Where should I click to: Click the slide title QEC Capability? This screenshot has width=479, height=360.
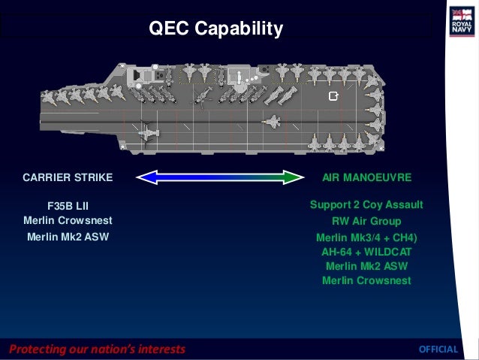(x=215, y=29)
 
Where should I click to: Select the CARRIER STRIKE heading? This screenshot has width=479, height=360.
(x=68, y=178)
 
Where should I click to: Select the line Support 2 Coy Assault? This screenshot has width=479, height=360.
(x=366, y=205)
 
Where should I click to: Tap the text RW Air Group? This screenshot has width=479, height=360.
(x=366, y=222)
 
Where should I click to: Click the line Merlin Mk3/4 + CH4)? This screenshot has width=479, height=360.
(x=366, y=237)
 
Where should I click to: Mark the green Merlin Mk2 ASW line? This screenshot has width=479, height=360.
(x=366, y=266)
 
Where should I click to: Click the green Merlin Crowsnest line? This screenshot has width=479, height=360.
(x=366, y=281)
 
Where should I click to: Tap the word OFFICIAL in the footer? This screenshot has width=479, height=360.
(x=438, y=349)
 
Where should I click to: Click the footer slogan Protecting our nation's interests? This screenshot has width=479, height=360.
(x=97, y=349)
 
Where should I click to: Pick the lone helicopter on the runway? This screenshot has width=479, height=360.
(x=149, y=132)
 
